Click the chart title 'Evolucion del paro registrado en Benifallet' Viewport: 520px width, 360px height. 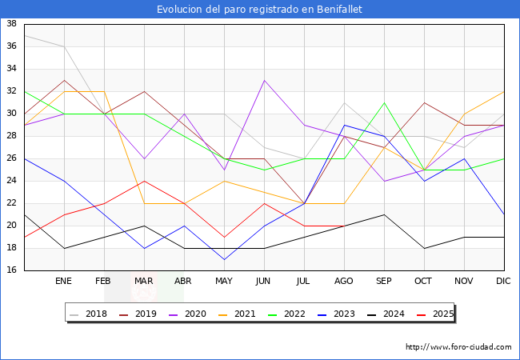tap(259, 10)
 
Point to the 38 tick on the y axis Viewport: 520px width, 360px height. tap(12, 24)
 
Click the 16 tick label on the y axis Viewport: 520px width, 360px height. tap(12, 270)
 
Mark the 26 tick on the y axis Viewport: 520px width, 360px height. tap(12, 158)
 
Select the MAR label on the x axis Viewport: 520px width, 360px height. tap(144, 282)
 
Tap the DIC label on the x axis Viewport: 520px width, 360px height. tap(504, 282)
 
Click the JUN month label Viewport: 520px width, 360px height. tap(264, 282)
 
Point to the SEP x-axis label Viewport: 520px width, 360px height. tap(384, 282)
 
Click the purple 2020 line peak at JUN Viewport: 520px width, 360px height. tap(264, 80)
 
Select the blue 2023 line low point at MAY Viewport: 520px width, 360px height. tap(224, 259)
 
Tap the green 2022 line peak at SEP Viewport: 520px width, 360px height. tap(384, 102)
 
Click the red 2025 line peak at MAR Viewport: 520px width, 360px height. tap(144, 181)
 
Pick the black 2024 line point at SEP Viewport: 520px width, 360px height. tap(384, 214)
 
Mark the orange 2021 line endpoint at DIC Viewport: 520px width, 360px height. tap(504, 91)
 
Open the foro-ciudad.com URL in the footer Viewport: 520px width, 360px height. tap(458, 347)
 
